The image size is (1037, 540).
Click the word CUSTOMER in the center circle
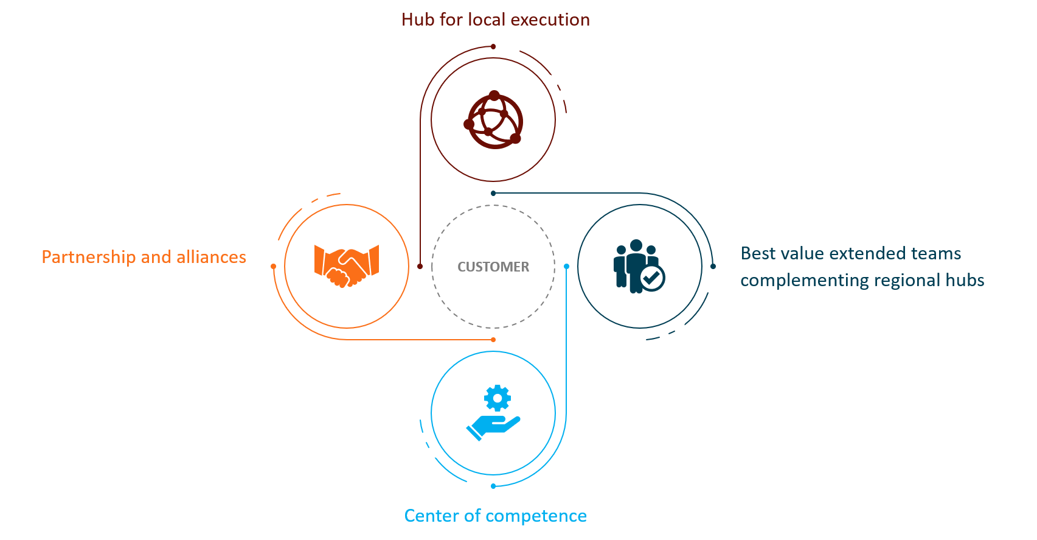(x=493, y=267)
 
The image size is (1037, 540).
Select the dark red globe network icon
(x=493, y=120)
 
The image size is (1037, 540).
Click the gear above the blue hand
(x=498, y=398)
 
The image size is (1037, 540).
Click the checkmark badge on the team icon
(x=652, y=278)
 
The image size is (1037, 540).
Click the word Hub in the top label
(x=417, y=19)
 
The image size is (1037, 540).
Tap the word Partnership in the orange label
(x=89, y=257)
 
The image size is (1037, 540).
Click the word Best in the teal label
(x=758, y=253)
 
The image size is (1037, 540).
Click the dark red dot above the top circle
(x=493, y=46)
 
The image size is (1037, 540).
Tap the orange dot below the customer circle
(x=493, y=340)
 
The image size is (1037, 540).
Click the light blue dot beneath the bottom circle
(x=493, y=486)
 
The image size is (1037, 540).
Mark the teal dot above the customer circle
(x=493, y=193)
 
